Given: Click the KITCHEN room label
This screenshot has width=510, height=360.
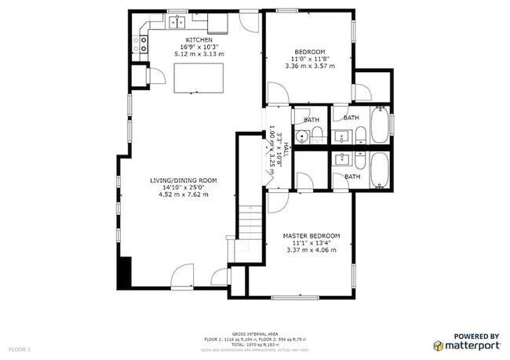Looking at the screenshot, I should tap(198, 39).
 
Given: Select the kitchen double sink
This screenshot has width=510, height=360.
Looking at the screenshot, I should tap(177, 22).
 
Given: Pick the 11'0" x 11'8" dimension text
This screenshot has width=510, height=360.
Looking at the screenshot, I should tap(309, 59).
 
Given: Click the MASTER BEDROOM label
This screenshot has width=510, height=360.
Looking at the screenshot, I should tap(312, 236).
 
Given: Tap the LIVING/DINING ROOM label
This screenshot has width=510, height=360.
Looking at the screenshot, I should tap(184, 180).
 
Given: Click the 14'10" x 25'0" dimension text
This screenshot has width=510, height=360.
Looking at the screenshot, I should tap(184, 187).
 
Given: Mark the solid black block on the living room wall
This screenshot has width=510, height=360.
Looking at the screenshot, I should tap(123, 272).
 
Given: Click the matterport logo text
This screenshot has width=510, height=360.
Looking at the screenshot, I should tap(471, 345).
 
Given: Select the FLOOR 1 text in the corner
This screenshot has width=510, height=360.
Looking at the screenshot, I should tap(20, 347).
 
